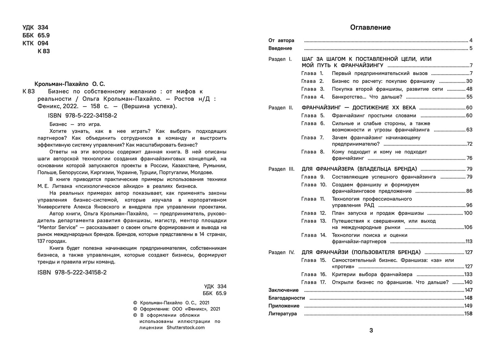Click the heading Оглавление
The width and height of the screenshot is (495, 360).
coord(370,27)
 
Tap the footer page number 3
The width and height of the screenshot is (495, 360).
coord(371,331)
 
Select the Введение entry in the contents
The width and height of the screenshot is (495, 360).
coord(280,48)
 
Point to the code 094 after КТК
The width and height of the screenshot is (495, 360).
coord(43,43)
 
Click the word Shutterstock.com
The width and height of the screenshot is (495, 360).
coord(186,327)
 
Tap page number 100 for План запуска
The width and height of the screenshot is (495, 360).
coord(468,213)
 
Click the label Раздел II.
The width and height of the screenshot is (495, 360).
coord(281,108)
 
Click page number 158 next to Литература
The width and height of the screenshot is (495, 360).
coord(468,314)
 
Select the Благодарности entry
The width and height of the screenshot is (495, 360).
coord(286,298)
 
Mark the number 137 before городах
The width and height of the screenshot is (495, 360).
coord(42,241)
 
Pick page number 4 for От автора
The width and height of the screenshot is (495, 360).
coord(471,40)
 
